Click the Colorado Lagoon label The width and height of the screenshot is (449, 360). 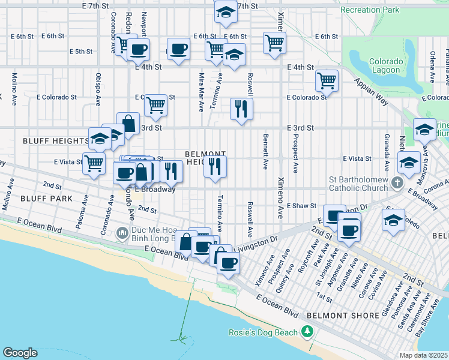click(x=384, y=65)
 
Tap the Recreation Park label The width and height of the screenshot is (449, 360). click(x=369, y=10)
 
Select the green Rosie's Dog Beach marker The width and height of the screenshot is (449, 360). click(x=308, y=332)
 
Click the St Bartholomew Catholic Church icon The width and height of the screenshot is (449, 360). click(x=397, y=182)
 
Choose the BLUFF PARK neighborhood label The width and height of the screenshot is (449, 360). click(x=29, y=198)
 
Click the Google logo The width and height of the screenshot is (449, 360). click(x=20, y=353)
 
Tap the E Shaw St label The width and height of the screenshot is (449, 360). click(x=301, y=205)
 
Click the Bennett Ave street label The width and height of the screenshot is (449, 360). click(x=265, y=152)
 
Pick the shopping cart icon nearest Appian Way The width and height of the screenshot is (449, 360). click(x=327, y=79)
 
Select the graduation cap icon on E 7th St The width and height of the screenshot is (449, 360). click(x=225, y=11)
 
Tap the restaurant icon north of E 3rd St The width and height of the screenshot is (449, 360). click(x=241, y=109)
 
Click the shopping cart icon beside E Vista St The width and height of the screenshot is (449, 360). click(x=94, y=163)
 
